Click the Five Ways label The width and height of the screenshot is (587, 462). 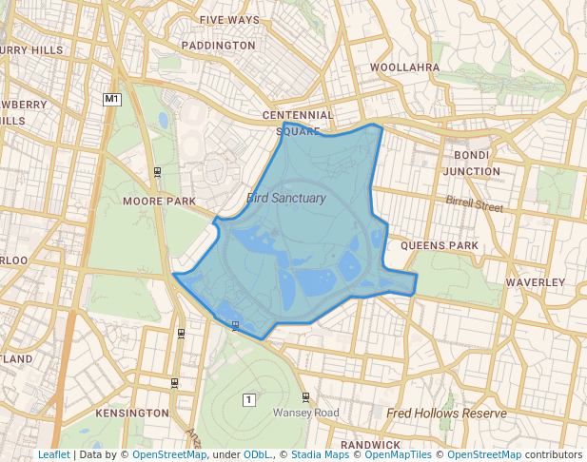pyautogui.click(x=230, y=19)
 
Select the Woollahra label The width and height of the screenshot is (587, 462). pyautogui.click(x=404, y=67)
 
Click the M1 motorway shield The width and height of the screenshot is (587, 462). pyautogui.click(x=112, y=99)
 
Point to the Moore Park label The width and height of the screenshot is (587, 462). pyautogui.click(x=159, y=202)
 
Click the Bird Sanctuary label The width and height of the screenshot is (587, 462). pyautogui.click(x=285, y=199)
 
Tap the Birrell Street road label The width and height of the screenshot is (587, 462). pyautogui.click(x=474, y=203)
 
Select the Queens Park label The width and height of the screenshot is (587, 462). pyautogui.click(x=439, y=245)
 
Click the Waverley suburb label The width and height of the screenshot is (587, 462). pyautogui.click(x=536, y=283)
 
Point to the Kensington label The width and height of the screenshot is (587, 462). pyautogui.click(x=132, y=414)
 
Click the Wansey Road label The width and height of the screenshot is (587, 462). pyautogui.click(x=305, y=414)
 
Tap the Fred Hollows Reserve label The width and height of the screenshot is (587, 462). pyautogui.click(x=446, y=414)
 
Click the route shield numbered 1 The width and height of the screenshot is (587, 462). pyautogui.click(x=249, y=398)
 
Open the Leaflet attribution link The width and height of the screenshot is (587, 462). pyautogui.click(x=54, y=455)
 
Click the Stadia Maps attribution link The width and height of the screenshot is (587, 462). pyautogui.click(x=320, y=455)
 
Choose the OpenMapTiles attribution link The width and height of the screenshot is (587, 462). pyautogui.click(x=400, y=455)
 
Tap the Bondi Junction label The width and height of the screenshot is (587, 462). pyautogui.click(x=471, y=163)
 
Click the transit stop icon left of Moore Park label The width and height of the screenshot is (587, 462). pyautogui.click(x=157, y=171)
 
